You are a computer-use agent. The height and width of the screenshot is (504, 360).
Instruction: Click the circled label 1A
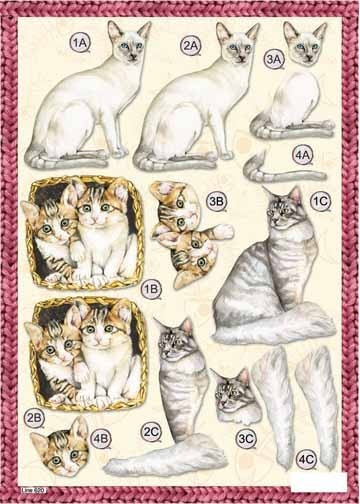[x=80, y=42]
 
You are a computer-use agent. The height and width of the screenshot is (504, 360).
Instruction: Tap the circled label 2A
[x=191, y=45]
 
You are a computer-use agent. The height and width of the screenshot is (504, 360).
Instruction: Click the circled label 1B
[x=152, y=288]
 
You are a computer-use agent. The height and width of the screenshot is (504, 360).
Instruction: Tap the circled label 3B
[x=215, y=202]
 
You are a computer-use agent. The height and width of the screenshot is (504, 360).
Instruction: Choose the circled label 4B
[x=100, y=437]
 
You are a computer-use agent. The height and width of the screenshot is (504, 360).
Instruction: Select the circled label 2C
[x=152, y=432]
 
